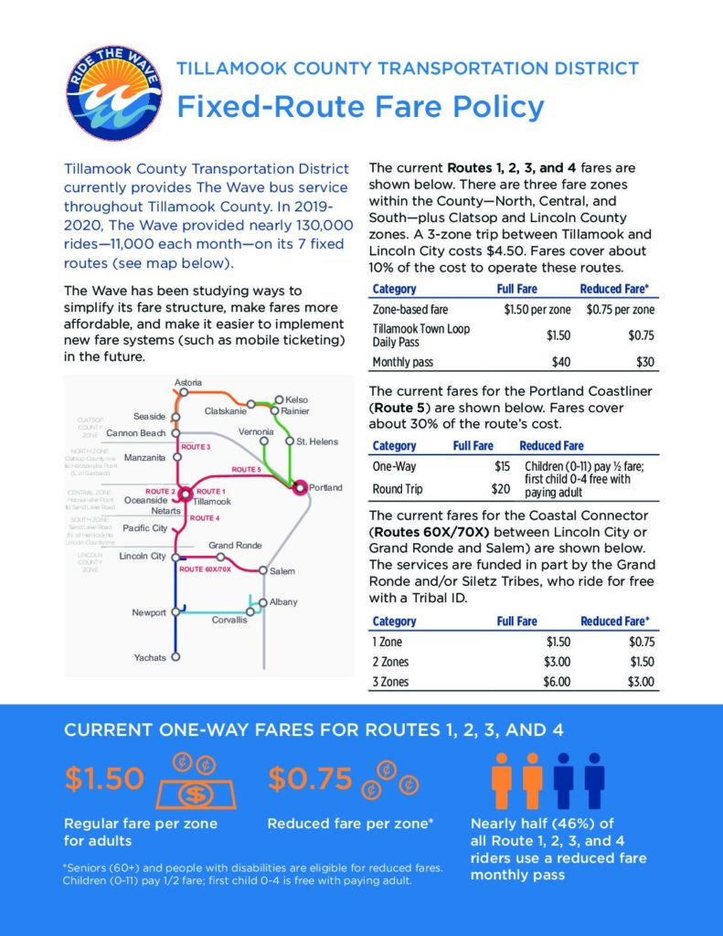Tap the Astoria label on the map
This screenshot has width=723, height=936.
(188, 381)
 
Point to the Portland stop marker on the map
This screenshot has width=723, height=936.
(299, 488)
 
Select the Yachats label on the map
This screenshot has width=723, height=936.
(150, 657)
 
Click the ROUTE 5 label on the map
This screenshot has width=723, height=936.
(246, 470)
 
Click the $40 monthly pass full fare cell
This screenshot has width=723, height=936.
(560, 362)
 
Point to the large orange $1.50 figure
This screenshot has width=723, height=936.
(104, 779)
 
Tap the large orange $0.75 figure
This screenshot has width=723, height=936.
(310, 778)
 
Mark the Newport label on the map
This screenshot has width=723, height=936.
(149, 612)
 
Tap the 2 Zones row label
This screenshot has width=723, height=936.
(389, 661)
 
